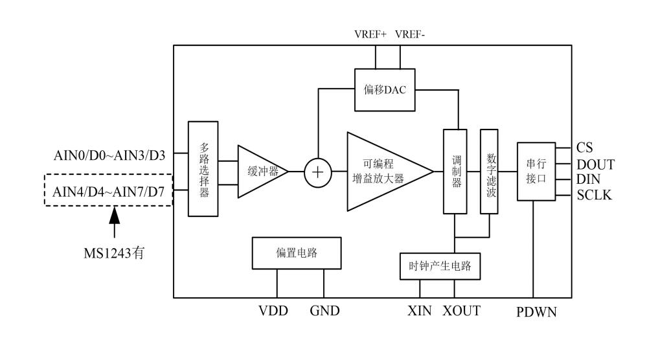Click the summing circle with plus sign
click(x=317, y=172)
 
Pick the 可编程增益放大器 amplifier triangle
click(x=382, y=172)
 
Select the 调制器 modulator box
click(x=455, y=172)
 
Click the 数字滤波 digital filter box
click(x=489, y=172)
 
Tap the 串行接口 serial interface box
click(x=536, y=171)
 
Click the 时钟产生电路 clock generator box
click(x=440, y=265)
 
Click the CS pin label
click(x=584, y=148)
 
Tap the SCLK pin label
click(x=595, y=195)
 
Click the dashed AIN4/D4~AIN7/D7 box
click(x=108, y=190)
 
